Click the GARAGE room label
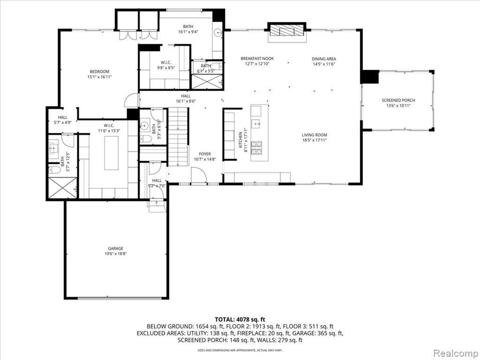click(x=115, y=248)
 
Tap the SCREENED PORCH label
click(x=398, y=100)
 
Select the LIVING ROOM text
click(x=315, y=135)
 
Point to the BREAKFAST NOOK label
click(x=257, y=59)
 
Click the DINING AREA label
click(x=324, y=59)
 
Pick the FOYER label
click(x=205, y=154)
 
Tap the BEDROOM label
click(x=99, y=72)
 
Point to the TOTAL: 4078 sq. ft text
click(x=240, y=320)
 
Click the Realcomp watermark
click(x=456, y=353)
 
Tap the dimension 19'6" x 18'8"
click(x=115, y=254)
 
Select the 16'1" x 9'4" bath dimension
click(x=188, y=31)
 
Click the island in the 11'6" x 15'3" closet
click(x=112, y=153)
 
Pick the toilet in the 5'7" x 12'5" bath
click(x=54, y=170)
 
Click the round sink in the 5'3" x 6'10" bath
click(x=144, y=126)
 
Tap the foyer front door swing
click(x=199, y=176)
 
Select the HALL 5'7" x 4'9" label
click(x=63, y=120)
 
